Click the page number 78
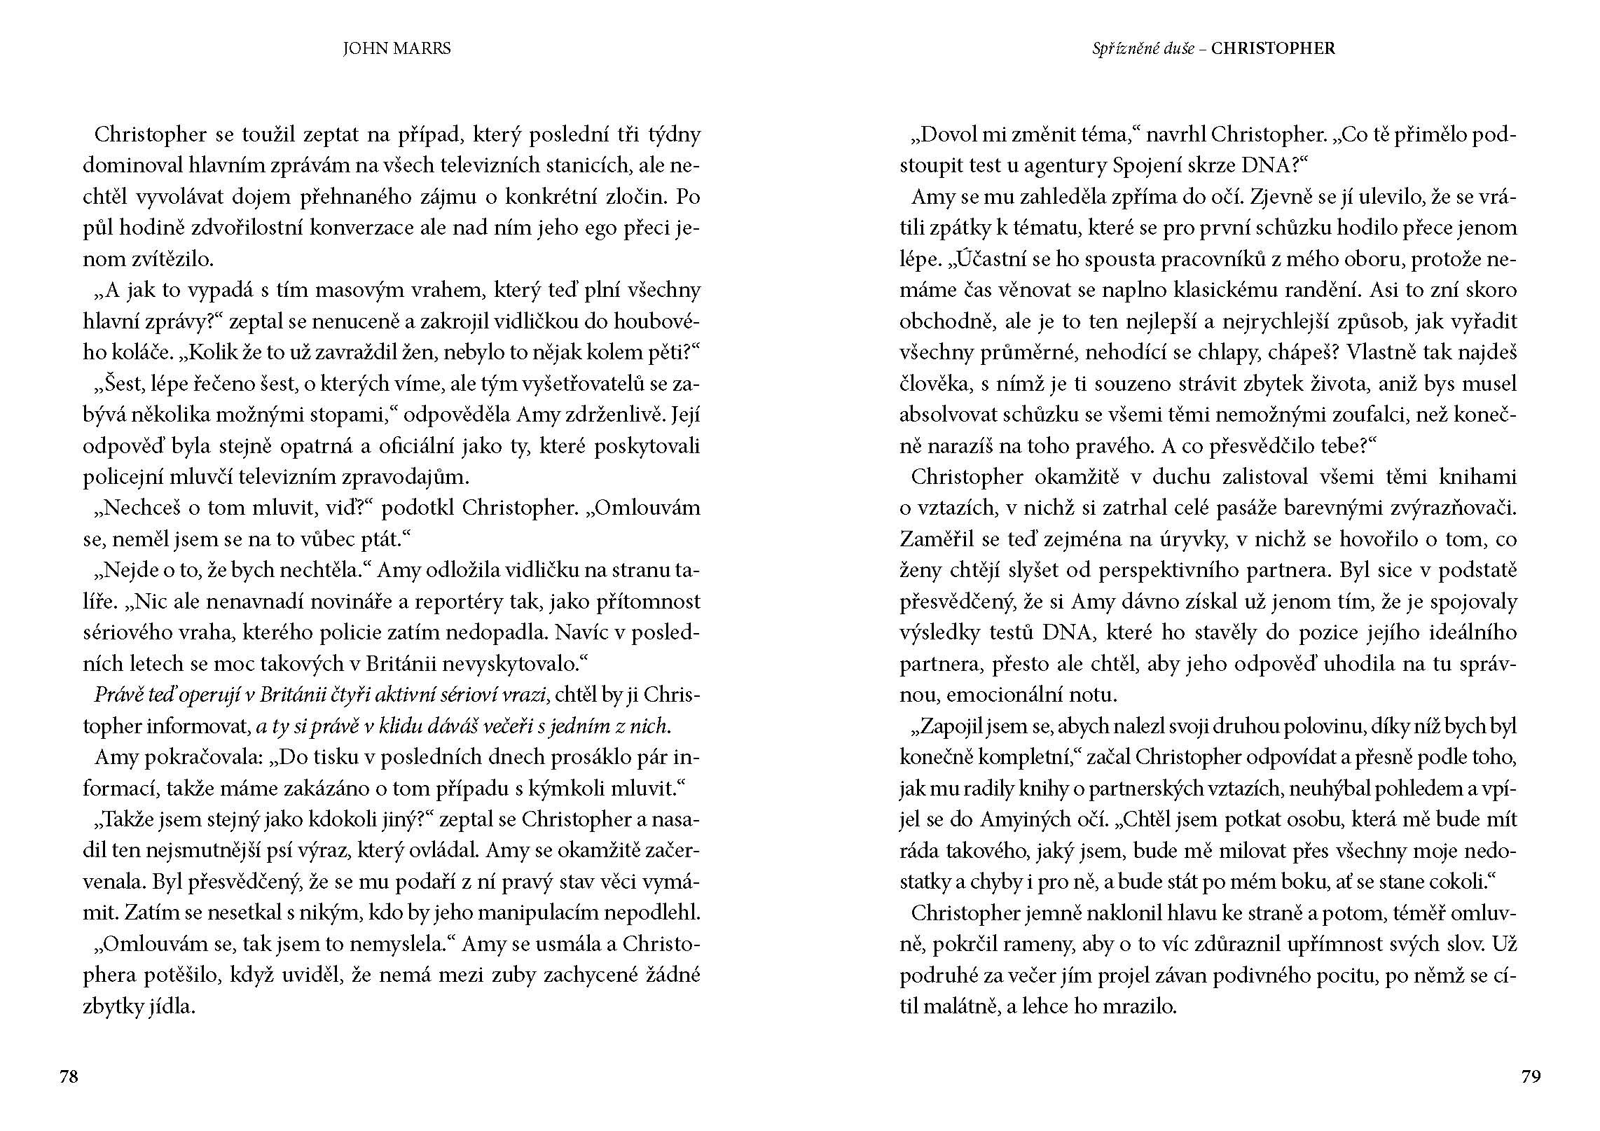pos(69,1076)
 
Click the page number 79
pos(1531,1076)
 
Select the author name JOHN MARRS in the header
pos(396,48)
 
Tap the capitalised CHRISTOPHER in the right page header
pos(1273,48)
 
